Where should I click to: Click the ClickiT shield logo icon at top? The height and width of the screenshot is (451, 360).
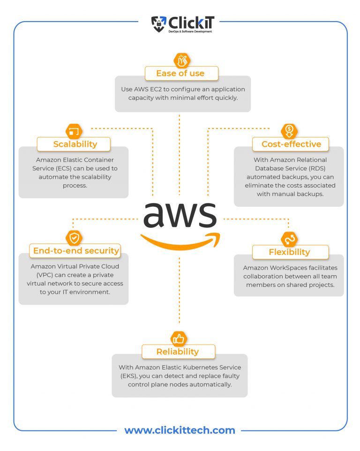coord(158,24)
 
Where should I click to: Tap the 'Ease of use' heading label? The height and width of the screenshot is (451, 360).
coord(180,73)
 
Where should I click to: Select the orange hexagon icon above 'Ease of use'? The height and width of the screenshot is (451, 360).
coord(180,60)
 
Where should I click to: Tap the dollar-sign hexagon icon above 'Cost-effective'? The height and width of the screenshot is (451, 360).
coord(289,131)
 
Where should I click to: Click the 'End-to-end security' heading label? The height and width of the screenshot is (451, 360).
coord(75,251)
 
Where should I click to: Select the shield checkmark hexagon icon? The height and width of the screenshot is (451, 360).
coord(73,238)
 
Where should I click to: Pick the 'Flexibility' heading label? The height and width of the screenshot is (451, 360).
coord(289,252)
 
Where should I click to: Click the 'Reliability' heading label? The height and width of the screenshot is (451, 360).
coord(178,351)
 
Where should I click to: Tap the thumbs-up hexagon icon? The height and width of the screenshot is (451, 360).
coord(178,338)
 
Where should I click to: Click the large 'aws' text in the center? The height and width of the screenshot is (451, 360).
coord(180,215)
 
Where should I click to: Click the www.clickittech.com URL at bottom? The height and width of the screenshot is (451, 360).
coord(180,430)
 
